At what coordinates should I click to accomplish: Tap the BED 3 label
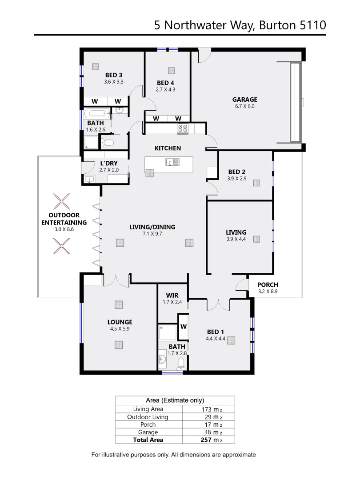114,75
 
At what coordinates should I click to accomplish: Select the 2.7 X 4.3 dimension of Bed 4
166,89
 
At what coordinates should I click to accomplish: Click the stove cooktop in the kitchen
183,129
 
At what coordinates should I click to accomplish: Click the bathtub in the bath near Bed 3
96,113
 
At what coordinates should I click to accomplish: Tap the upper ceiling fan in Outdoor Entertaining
61,201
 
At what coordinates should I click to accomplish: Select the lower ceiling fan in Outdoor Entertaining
61,245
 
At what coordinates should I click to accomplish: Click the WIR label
172,295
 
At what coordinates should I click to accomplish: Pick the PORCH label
268,285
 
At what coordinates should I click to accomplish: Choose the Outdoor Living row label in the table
148,417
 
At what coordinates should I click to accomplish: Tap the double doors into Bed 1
219,303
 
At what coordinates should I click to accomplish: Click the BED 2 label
237,172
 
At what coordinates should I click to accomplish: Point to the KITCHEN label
168,148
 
